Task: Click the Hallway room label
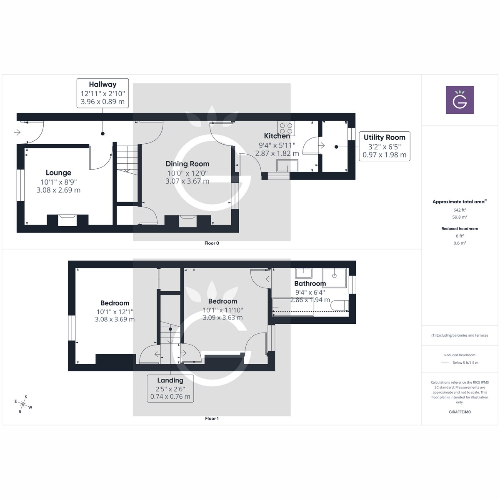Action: click(102, 85)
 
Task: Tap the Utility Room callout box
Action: click(384, 146)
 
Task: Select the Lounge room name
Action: click(58, 172)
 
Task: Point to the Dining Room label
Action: click(187, 164)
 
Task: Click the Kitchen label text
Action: click(277, 136)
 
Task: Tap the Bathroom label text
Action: click(310, 283)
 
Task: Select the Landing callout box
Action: click(170, 388)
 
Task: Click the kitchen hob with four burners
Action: click(286, 128)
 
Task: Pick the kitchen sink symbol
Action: click(287, 166)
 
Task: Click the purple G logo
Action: click(460, 100)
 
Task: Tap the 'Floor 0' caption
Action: click(212, 243)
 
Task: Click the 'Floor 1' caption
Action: click(212, 418)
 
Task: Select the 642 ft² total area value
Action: click(460, 210)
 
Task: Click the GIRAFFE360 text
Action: click(460, 412)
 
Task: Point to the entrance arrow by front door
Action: click(17, 132)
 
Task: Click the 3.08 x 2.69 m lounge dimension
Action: click(58, 190)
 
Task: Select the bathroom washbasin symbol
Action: click(304, 273)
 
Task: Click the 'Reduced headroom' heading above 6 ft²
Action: click(460, 229)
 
